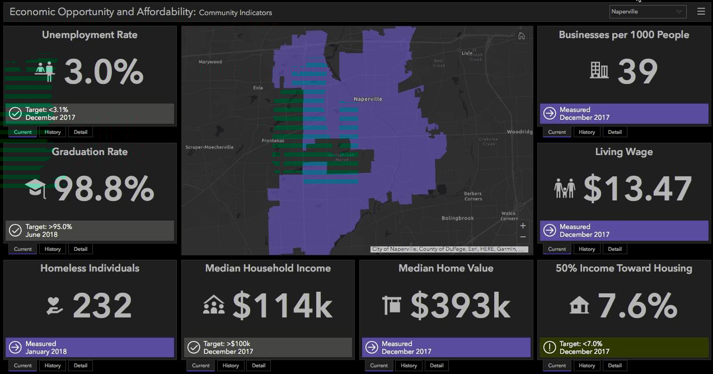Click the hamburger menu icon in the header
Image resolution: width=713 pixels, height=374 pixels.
[701, 11]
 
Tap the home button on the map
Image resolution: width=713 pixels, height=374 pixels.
[522, 36]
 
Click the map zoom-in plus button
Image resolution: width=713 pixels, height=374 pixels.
[523, 226]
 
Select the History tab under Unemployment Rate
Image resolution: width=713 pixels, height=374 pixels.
[53, 132]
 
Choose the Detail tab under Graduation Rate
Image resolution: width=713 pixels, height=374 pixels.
[81, 249]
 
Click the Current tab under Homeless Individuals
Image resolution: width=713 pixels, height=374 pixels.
[23, 366]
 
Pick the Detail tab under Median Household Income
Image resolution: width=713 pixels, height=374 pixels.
[259, 366]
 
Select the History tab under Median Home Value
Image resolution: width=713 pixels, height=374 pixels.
[409, 366]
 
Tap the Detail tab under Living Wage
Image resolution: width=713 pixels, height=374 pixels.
[615, 249]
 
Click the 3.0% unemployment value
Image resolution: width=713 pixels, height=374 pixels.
[104, 72]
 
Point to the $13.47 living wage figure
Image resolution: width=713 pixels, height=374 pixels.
[637, 189]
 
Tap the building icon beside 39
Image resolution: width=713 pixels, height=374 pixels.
[599, 70]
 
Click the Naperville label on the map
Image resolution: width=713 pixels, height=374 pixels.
[368, 99]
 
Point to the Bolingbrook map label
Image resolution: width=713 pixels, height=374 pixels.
[458, 218]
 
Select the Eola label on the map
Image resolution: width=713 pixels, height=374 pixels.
[258, 88]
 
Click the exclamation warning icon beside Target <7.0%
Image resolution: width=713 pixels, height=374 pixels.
[550, 348]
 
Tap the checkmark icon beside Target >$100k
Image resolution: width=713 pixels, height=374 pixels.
[194, 348]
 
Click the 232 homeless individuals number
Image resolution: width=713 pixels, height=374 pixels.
[102, 305]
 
